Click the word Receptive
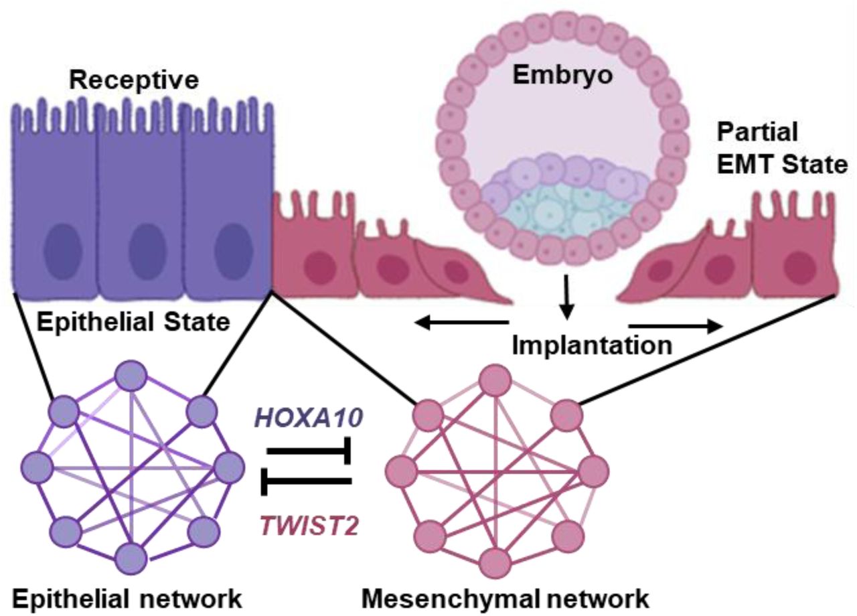pyautogui.click(x=135, y=81)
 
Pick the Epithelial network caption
pyautogui.click(x=127, y=598)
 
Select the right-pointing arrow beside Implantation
pyautogui.click(x=677, y=325)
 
